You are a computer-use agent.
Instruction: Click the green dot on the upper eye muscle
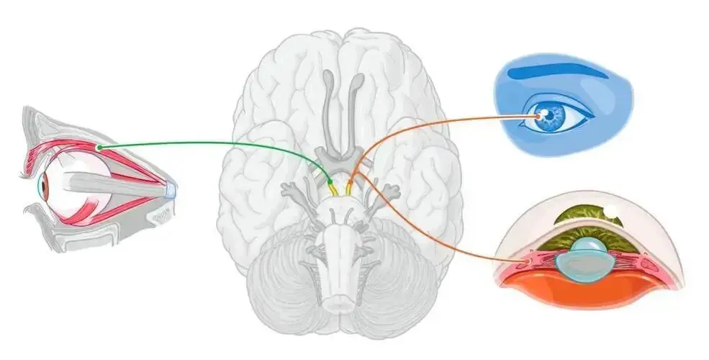pos(100,147)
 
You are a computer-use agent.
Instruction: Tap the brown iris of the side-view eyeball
pos(44,188)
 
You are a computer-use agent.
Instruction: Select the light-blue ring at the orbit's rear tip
pos(171,191)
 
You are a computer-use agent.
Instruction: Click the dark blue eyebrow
pos(554,72)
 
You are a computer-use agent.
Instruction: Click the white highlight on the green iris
pos(612,212)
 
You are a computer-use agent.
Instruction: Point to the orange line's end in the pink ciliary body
pos(531,256)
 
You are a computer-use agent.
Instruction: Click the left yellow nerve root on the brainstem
pos(333,188)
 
